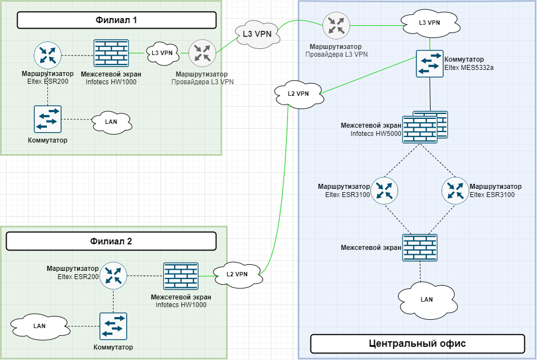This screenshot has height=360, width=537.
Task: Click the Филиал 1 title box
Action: point(117,20)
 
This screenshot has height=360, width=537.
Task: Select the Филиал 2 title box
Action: point(111,241)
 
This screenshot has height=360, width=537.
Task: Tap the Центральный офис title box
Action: point(417,343)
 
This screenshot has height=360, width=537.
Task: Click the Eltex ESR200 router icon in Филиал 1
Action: point(47,55)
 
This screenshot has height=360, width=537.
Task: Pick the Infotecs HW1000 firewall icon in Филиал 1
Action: point(111,53)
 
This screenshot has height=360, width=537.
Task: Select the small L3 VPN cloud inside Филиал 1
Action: point(162,53)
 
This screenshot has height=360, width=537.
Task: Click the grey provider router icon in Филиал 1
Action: point(202,53)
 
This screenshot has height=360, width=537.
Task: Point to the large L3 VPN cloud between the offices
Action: point(257,34)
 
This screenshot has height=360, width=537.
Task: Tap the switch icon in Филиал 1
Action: point(47,119)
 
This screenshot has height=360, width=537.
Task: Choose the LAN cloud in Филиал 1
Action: point(111,121)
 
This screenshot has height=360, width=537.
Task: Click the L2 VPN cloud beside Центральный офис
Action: point(298,94)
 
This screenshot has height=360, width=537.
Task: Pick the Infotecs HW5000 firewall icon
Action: point(421,128)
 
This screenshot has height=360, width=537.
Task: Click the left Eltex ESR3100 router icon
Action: point(384,190)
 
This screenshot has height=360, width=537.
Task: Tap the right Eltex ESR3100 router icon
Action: point(455,190)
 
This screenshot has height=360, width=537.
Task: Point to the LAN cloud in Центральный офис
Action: point(426,299)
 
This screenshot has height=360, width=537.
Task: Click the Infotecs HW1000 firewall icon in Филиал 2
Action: point(181,276)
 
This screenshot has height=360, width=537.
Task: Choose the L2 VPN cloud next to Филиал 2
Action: point(237,274)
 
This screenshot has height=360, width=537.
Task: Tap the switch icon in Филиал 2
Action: point(113,326)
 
